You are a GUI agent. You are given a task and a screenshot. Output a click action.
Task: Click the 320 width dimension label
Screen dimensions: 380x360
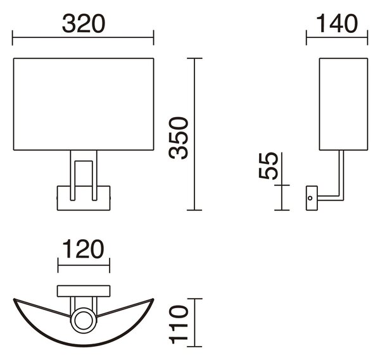pos(84,23)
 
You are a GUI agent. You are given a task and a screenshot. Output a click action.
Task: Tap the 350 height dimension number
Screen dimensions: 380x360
pos(179,138)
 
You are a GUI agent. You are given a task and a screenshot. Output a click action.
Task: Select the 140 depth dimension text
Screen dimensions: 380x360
pos(337,23)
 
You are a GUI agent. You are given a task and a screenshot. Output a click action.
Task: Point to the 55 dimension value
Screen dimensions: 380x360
pos(269,166)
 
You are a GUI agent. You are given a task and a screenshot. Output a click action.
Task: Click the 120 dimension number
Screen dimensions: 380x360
pos(84,249)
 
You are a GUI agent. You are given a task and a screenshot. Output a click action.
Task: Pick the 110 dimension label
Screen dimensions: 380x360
pos(179,325)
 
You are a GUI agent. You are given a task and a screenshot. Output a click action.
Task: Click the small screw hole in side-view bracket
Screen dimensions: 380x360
pos(310,198)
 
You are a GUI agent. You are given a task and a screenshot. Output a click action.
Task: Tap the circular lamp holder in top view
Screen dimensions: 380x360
pos(84,321)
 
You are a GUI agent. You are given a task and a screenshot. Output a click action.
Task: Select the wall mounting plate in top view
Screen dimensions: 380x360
pos(84,291)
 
